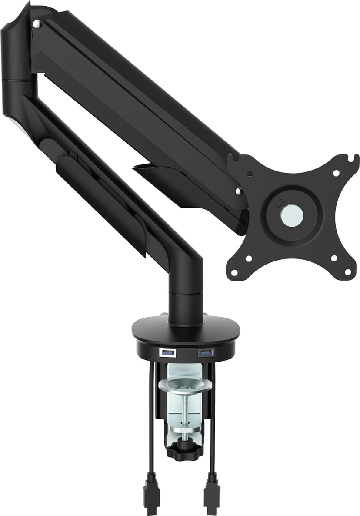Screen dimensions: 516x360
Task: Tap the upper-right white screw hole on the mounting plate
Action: coord(336,173)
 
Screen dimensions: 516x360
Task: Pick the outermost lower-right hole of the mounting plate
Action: coord(347,272)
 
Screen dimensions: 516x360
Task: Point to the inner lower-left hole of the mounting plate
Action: coord(249,258)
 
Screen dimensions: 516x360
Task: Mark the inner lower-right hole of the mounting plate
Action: coord(333,258)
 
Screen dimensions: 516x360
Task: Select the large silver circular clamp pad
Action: coord(185,384)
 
